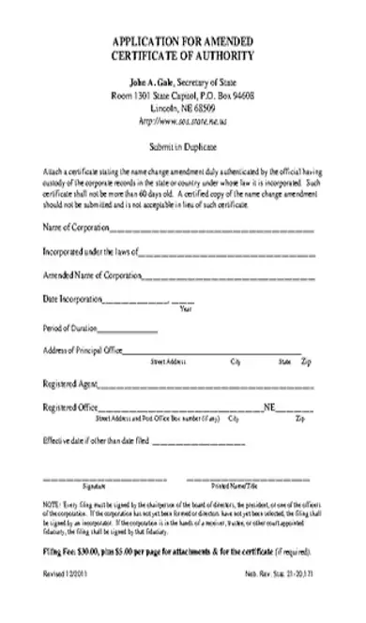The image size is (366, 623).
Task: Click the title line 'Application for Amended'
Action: (182, 44)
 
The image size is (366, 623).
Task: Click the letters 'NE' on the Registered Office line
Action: (269, 408)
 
